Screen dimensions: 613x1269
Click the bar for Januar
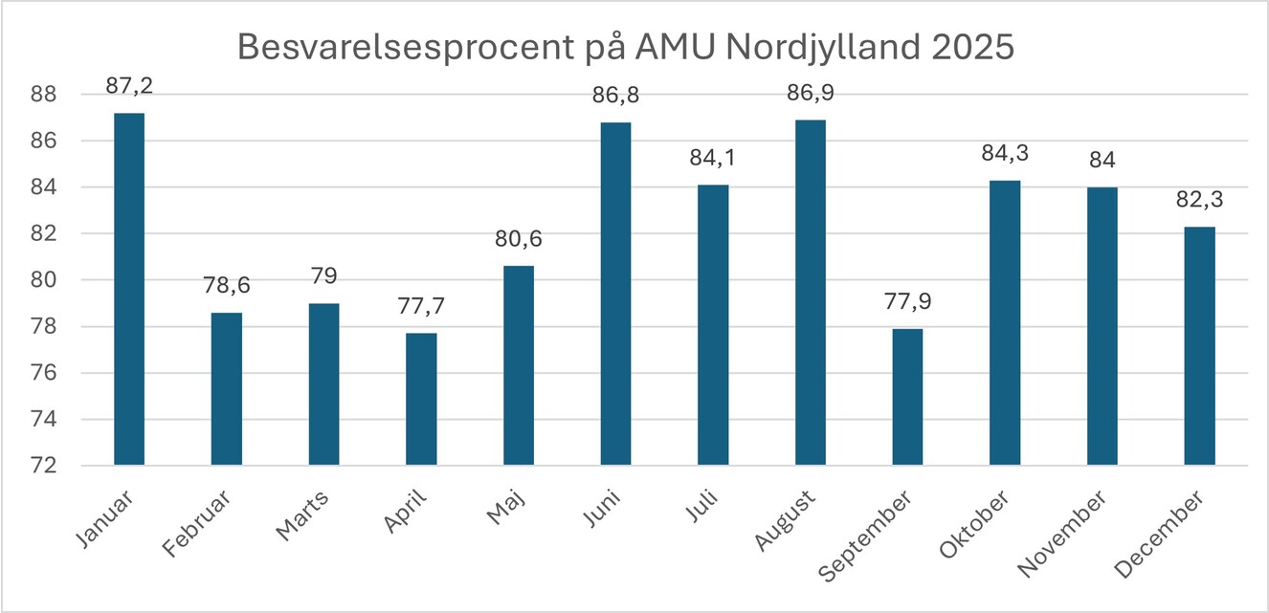pyautogui.click(x=129, y=289)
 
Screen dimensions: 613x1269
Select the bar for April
pyautogui.click(x=421, y=399)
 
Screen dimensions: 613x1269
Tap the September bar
pyautogui.click(x=907, y=397)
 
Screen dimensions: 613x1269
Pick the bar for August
pyautogui.click(x=810, y=293)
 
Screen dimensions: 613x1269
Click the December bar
pyautogui.click(x=1199, y=346)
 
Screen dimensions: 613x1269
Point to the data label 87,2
pyautogui.click(x=130, y=86)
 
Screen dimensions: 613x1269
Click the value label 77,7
pyautogui.click(x=421, y=306)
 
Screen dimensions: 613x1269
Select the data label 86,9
pyautogui.click(x=810, y=93)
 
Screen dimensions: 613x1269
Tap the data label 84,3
pyautogui.click(x=1005, y=153)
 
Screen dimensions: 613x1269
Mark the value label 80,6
pyautogui.click(x=519, y=239)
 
